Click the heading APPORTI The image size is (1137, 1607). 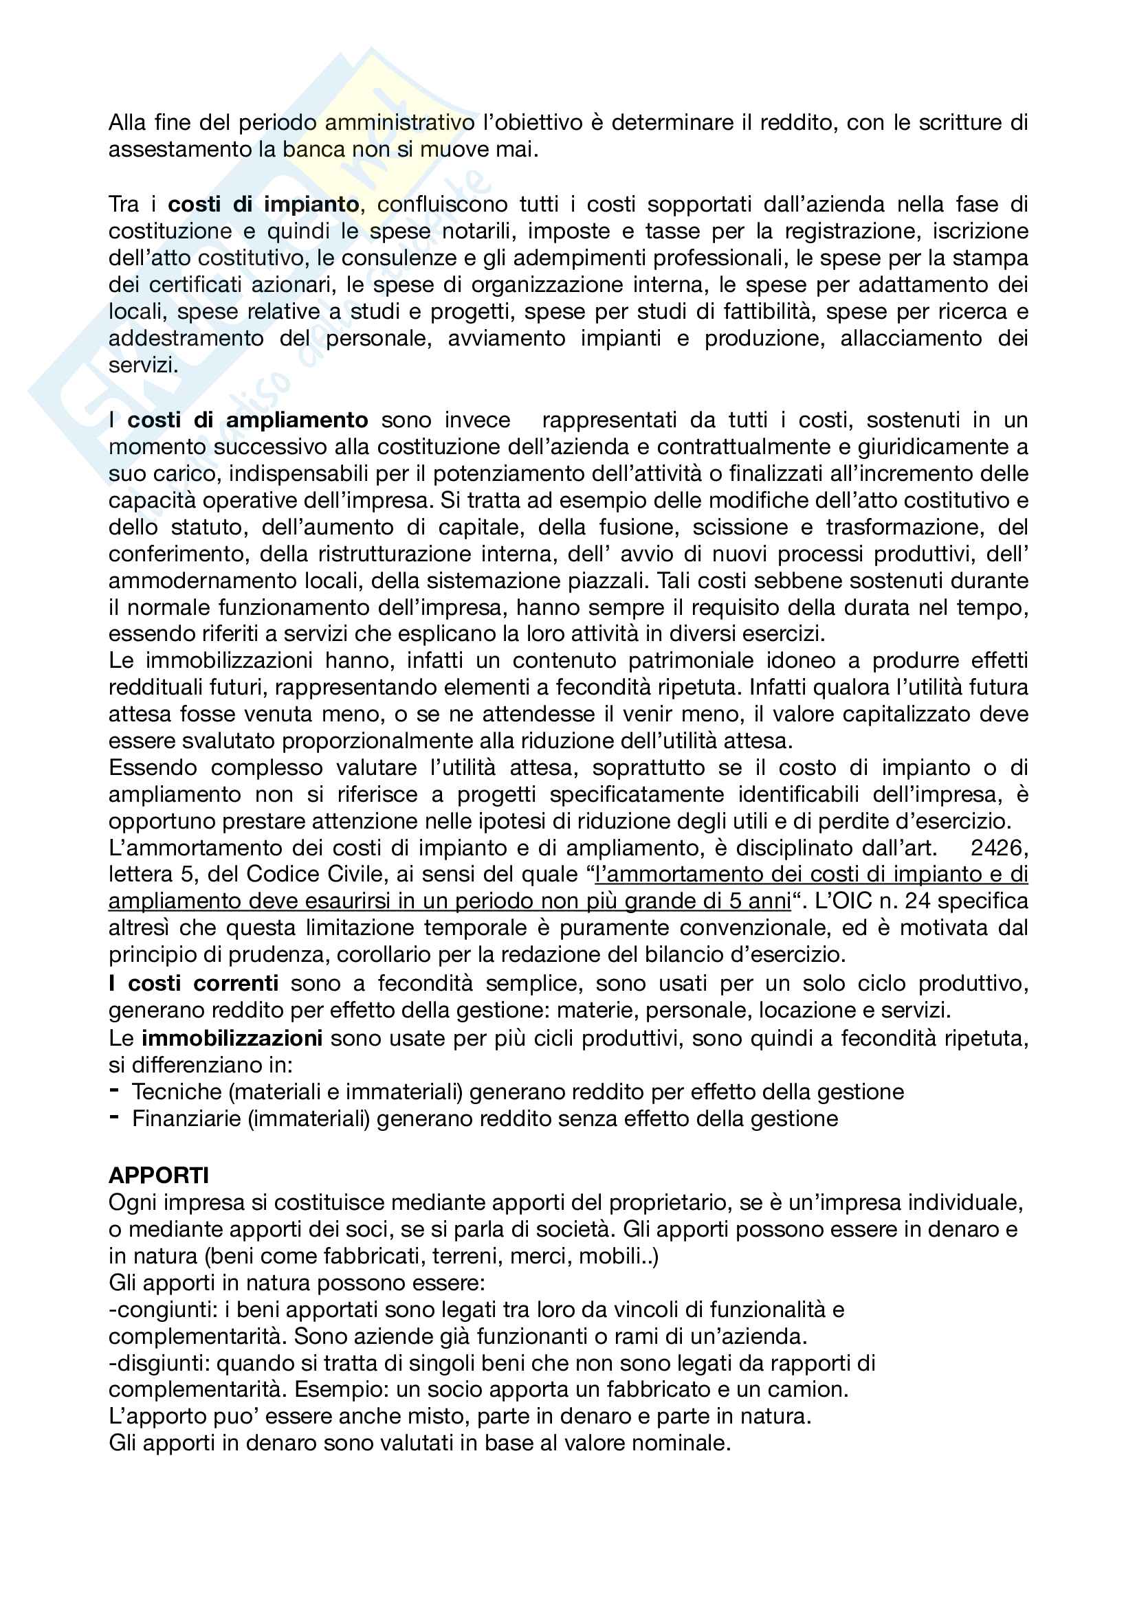click(x=159, y=1175)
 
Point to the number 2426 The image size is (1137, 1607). click(x=998, y=848)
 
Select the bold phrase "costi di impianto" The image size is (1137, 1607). click(x=263, y=204)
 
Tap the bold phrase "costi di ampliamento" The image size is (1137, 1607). click(x=248, y=420)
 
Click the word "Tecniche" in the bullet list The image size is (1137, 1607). click(x=177, y=1091)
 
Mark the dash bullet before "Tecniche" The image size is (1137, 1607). click(x=114, y=1090)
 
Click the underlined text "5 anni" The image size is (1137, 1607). click(x=760, y=901)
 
